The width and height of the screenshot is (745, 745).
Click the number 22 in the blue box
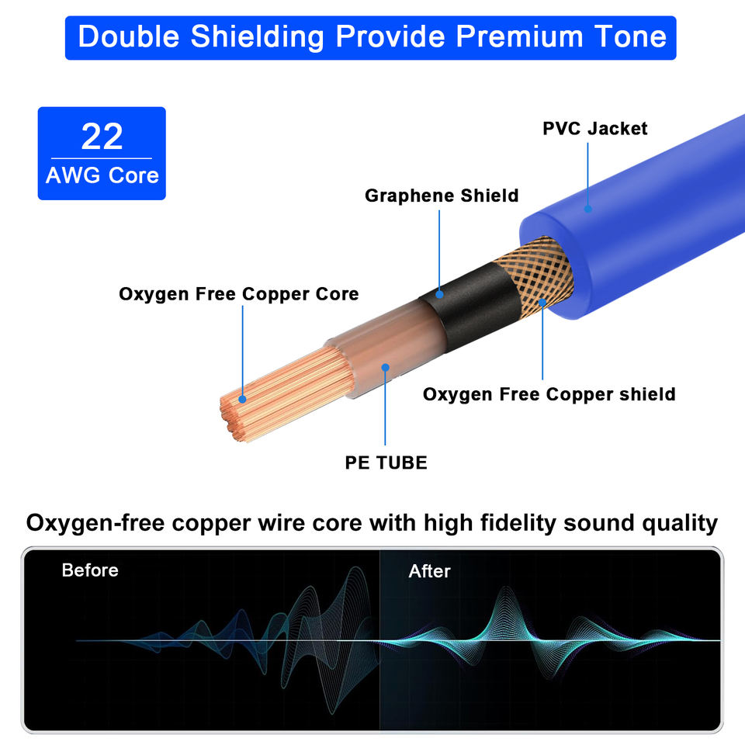click(x=102, y=137)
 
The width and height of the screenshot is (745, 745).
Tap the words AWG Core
click(x=102, y=175)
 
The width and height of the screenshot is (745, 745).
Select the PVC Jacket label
click(x=595, y=128)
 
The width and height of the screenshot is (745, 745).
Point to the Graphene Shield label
click(x=442, y=196)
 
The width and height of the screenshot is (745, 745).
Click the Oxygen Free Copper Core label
click(x=238, y=294)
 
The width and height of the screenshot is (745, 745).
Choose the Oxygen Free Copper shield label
click(x=549, y=394)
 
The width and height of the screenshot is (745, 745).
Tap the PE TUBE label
click(x=386, y=463)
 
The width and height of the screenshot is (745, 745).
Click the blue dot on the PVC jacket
click(x=587, y=209)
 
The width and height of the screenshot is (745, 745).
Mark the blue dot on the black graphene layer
click(x=439, y=295)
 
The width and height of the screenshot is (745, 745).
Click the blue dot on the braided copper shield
click(x=542, y=303)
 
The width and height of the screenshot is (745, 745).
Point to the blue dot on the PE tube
click(x=386, y=367)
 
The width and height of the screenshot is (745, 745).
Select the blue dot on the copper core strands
click(x=242, y=399)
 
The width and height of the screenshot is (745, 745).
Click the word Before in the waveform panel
click(x=90, y=570)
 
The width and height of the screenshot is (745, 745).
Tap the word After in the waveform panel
click(x=429, y=571)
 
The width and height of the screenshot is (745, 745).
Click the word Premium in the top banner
click(x=519, y=36)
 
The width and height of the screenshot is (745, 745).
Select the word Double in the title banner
click(x=129, y=36)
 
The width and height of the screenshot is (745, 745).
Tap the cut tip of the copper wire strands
click(x=233, y=418)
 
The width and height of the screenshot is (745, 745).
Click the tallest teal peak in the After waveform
click(x=505, y=589)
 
